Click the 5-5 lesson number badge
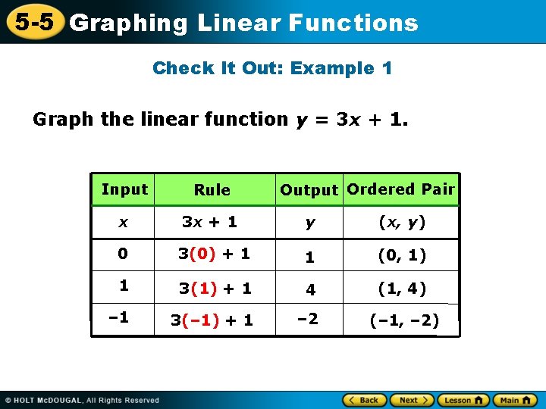pos(34,22)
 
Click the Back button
pos(364,400)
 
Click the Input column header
pos(124,189)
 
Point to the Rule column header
pos(212,190)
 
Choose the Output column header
pos(309,190)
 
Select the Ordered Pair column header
pos(401,189)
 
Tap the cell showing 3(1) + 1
pos(215,289)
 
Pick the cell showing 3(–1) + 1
pos(212,320)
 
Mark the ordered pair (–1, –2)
pos(404,320)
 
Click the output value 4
pos(309,289)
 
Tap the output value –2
pos(307,318)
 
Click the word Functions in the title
pos(353,23)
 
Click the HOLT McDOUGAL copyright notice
pos(82,400)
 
